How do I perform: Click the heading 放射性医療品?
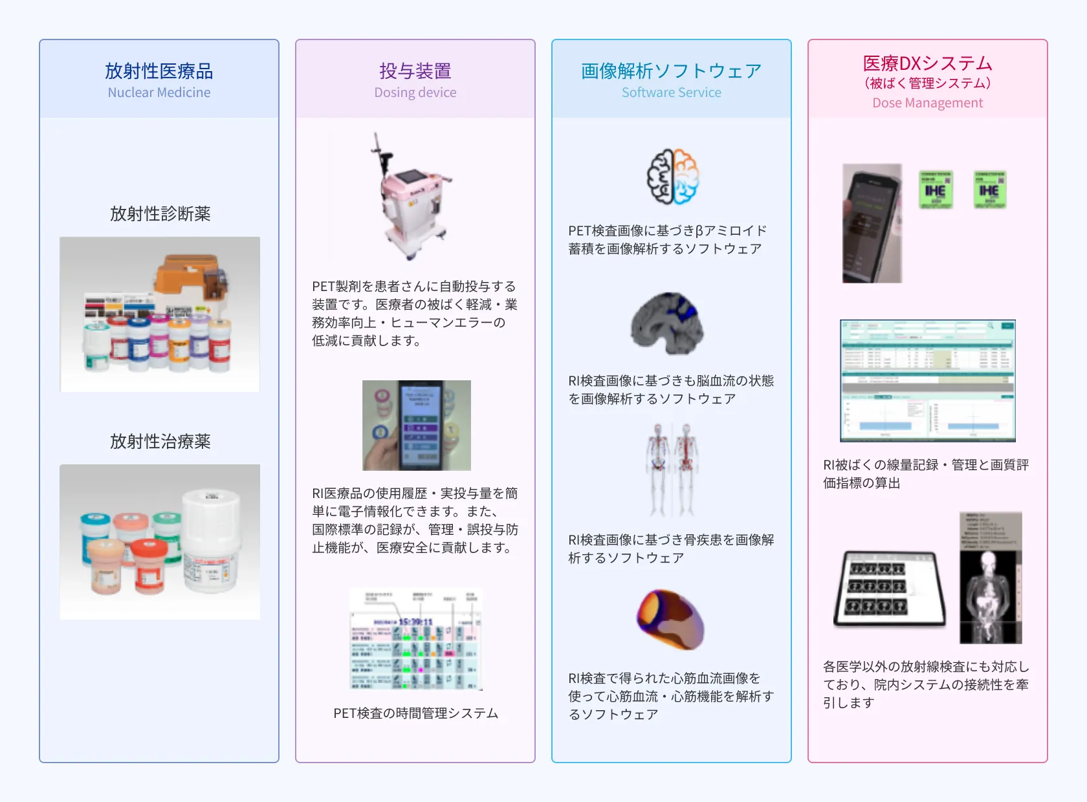coord(159,70)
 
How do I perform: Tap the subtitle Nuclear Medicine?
coord(159,92)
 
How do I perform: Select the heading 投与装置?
coord(415,70)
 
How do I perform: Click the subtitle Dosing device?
coord(415,92)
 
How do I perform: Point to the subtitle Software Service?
coord(672,92)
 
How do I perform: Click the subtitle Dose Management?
coord(928,103)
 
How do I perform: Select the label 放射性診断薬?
coord(160,213)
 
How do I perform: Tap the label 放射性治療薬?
coord(160,441)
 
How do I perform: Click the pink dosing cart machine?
coord(410,197)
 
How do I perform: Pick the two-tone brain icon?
coord(673,177)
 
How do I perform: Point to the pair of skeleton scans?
coord(672,469)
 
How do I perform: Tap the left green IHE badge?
coord(936,190)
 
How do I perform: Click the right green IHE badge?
coord(989,190)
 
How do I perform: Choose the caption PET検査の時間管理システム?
coord(415,713)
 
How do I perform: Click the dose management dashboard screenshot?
coord(928,380)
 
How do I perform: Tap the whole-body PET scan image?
coord(991,578)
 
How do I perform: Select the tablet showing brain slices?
coord(890,589)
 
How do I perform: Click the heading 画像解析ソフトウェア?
coord(672,70)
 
